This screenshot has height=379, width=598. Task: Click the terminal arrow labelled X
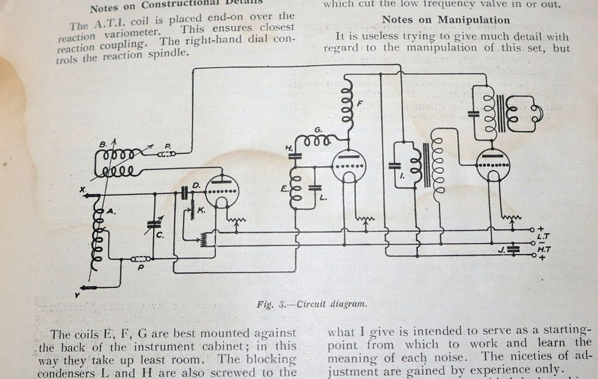coord(88,194)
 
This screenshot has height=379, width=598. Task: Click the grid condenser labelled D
coord(185,193)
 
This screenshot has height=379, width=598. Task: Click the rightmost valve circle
coord(493,163)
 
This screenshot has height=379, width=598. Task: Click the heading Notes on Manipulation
coord(446,20)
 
